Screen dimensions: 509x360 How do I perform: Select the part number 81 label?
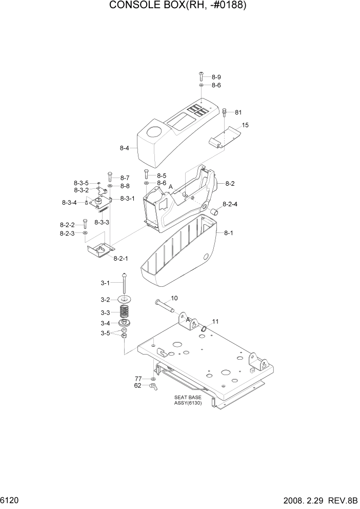click(238, 112)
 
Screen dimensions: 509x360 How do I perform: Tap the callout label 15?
click(245, 125)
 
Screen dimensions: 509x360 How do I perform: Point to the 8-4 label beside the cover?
click(125, 148)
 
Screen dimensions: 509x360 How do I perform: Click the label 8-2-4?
click(230, 204)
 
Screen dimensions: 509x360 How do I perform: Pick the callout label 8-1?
click(229, 233)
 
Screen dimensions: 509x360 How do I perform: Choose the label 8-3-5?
click(81, 183)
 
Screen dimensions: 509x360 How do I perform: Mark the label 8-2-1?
click(122, 258)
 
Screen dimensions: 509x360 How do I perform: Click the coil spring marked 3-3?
click(124, 311)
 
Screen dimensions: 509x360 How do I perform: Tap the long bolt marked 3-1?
click(124, 285)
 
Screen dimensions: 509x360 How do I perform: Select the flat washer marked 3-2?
click(124, 299)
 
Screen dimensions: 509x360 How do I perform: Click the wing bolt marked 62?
click(152, 387)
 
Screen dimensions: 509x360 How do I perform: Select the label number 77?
click(138, 378)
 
